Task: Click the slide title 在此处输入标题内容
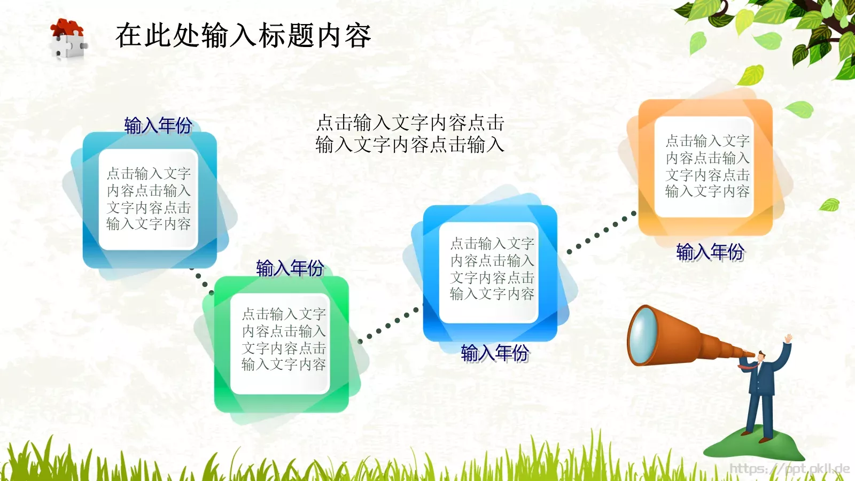[243, 36]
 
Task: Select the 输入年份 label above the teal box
[158, 126]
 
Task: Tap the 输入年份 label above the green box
[290, 268]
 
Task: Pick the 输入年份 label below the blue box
[495, 353]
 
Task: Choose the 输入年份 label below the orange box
[710, 251]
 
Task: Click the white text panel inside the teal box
[149, 199]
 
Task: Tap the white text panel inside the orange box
[707, 166]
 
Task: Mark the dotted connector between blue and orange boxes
[602, 232]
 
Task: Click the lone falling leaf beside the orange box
[830, 204]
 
